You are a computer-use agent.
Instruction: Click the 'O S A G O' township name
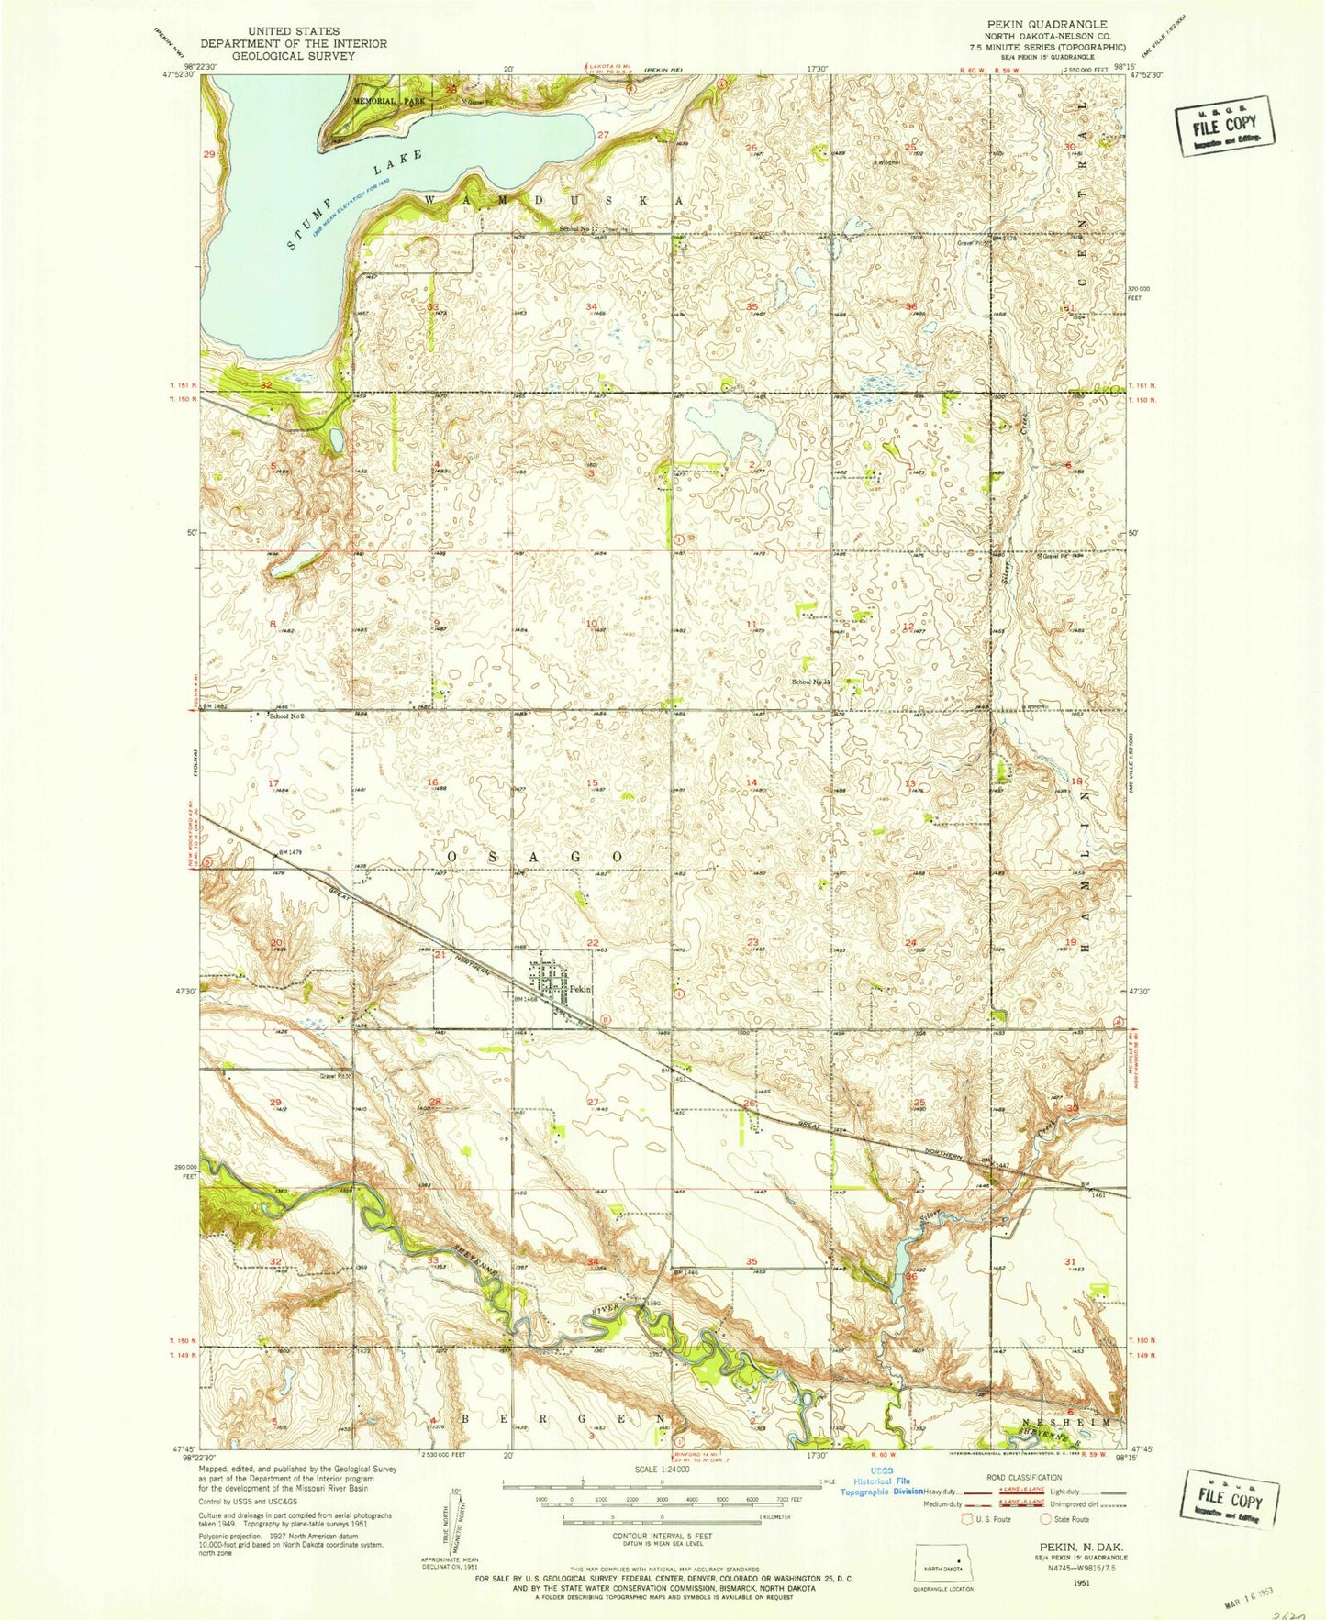[x=535, y=856]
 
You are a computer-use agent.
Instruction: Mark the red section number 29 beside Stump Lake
[x=209, y=155]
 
